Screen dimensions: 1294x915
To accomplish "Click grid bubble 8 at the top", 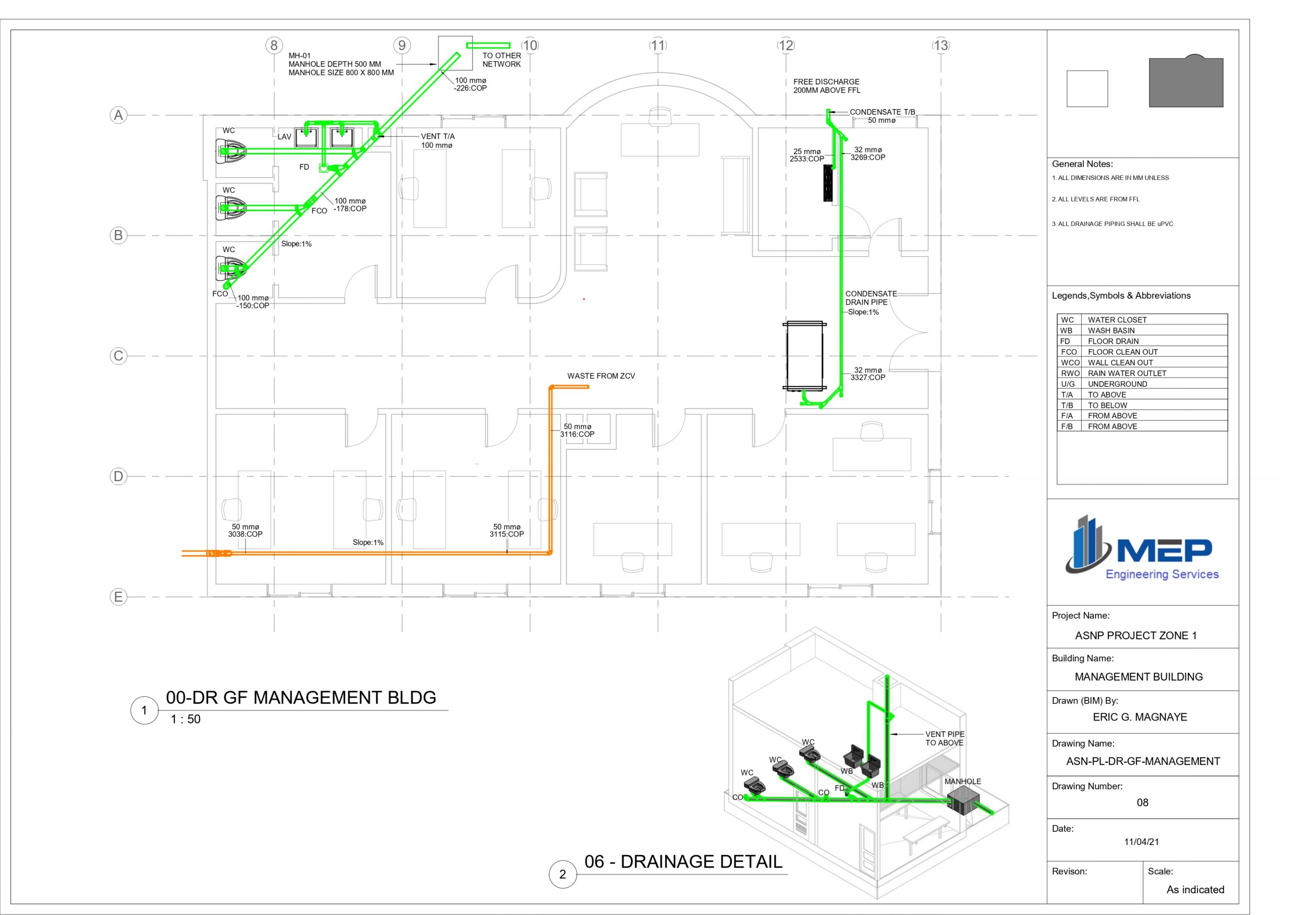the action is click(x=274, y=45).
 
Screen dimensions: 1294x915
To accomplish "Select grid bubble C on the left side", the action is click(x=118, y=356).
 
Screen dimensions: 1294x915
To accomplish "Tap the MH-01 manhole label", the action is click(x=341, y=64).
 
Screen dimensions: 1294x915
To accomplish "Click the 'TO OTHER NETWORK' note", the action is click(x=501, y=60).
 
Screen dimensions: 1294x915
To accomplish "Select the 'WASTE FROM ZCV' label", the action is click(x=601, y=376).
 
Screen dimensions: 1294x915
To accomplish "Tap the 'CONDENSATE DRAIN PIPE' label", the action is click(x=871, y=298).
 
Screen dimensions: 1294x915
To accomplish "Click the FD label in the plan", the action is click(x=304, y=167).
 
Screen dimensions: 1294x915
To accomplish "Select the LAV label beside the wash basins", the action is click(x=285, y=136).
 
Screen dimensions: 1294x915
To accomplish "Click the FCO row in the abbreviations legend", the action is click(x=1142, y=352).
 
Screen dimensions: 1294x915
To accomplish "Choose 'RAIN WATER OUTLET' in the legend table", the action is click(x=1127, y=373).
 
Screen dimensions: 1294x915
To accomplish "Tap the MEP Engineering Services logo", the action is click(x=1142, y=548).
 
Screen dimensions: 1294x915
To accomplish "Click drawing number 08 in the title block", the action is click(x=1142, y=802).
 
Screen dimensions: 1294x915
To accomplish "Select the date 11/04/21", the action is click(x=1141, y=842).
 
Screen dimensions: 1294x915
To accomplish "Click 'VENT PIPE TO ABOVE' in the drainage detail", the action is click(x=945, y=738).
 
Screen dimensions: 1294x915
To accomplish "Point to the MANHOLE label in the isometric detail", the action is click(x=962, y=782).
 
